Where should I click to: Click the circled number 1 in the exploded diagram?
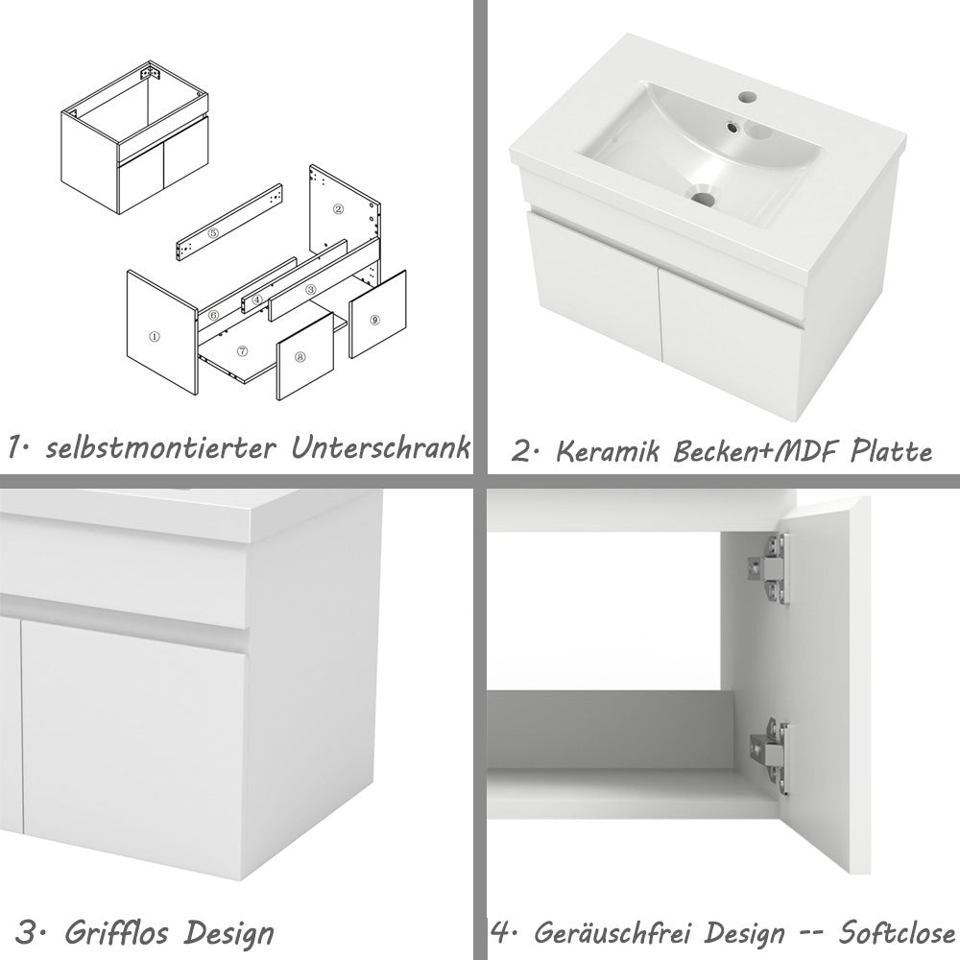click(154, 337)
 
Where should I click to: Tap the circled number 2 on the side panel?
click(337, 207)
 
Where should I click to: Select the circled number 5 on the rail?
click(213, 233)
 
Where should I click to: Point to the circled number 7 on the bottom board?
click(242, 352)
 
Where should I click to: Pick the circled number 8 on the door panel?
click(300, 357)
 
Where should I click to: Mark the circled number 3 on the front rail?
click(310, 289)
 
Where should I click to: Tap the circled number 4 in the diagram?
click(257, 300)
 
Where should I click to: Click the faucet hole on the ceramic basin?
click(747, 99)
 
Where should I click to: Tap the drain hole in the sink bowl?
click(706, 199)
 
